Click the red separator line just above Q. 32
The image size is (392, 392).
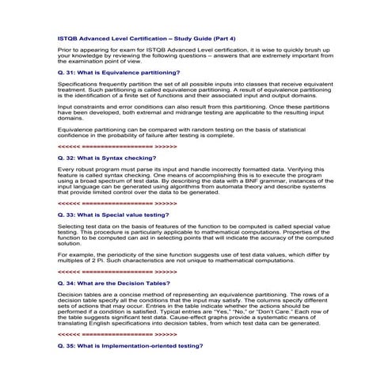[117, 147]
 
